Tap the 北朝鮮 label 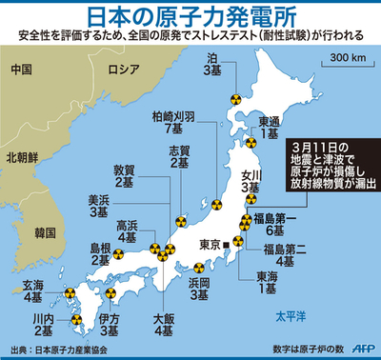(21, 157)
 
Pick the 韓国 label (44, 232)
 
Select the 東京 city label (210, 244)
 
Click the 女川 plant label (251, 175)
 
